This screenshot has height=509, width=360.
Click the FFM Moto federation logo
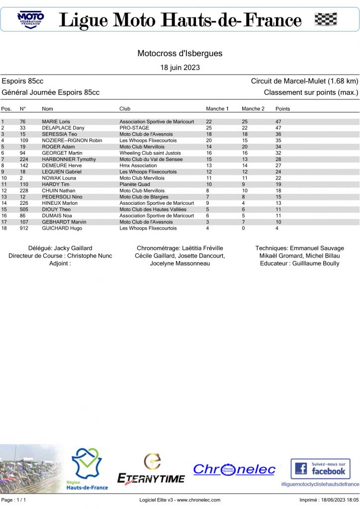click(x=30, y=20)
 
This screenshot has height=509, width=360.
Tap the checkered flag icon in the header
click(x=326, y=20)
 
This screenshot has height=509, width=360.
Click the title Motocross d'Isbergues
click(x=180, y=53)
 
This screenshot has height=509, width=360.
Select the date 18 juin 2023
click(x=180, y=67)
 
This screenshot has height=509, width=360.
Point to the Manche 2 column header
click(x=253, y=108)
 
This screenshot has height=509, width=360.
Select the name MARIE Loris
click(x=56, y=121)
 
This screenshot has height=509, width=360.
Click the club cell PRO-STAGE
click(x=134, y=128)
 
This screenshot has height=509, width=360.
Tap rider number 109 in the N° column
click(x=24, y=141)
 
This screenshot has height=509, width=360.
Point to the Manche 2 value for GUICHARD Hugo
click(x=244, y=228)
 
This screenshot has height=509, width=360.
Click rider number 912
click(x=24, y=228)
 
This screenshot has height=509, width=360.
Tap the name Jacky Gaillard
click(x=73, y=248)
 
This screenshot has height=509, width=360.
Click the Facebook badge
click(x=320, y=469)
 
